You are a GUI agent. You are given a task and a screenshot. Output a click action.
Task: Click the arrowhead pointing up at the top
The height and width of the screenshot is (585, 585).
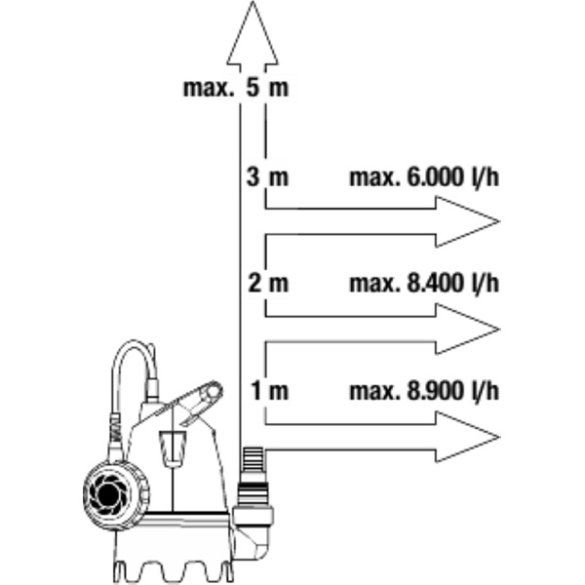pos(253,29)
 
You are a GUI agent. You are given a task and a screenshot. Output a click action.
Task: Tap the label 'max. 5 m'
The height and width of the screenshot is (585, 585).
pos(236,88)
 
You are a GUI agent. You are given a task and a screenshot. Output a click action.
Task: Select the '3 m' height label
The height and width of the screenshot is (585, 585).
pos(268,178)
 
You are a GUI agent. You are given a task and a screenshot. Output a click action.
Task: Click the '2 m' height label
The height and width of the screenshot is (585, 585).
pos(268,285)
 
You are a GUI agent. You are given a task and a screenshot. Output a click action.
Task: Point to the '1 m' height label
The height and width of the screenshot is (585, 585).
pos(269,392)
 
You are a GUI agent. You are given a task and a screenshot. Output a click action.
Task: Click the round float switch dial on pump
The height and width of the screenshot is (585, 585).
pos(109,491)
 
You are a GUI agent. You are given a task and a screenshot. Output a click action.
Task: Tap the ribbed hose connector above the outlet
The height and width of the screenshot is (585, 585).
pos(253,469)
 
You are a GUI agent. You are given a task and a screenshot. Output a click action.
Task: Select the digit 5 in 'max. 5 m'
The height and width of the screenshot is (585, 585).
pos(253,88)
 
